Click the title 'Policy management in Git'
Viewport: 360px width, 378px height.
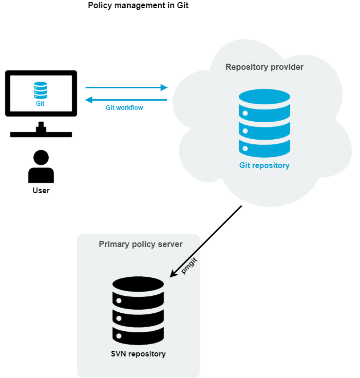click(138, 5)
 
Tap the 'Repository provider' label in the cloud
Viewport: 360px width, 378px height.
click(264, 67)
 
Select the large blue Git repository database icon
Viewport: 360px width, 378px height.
click(264, 123)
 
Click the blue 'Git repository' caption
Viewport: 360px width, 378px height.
click(264, 165)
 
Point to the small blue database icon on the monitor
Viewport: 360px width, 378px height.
click(41, 90)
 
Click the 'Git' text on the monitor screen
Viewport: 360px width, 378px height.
click(40, 104)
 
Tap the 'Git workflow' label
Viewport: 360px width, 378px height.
click(124, 108)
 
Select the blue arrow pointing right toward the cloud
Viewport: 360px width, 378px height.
click(127, 87)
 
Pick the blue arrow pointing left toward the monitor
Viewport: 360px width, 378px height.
click(126, 100)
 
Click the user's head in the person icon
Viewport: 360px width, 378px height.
click(41, 158)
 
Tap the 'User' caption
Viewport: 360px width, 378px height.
click(41, 191)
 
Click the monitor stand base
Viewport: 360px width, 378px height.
click(41, 135)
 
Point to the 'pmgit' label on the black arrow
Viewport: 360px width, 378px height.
click(189, 266)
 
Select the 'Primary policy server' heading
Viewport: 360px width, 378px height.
click(141, 244)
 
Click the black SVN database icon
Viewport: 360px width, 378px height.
click(138, 311)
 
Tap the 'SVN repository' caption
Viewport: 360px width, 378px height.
click(138, 354)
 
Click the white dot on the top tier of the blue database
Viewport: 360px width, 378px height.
click(245, 113)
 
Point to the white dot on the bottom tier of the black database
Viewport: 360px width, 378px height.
click(119, 336)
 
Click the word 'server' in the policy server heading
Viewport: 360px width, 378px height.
click(170, 244)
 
